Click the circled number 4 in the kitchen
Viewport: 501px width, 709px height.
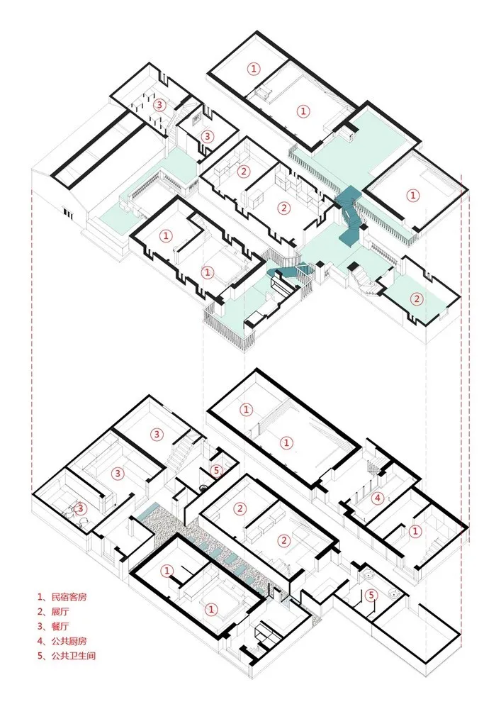(x=378, y=497)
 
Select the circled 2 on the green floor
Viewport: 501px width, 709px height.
(x=417, y=298)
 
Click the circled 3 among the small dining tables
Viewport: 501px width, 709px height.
(x=160, y=104)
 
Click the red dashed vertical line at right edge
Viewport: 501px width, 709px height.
(x=462, y=354)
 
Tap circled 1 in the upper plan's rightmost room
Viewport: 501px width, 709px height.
(x=412, y=194)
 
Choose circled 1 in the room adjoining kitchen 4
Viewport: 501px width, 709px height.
(x=415, y=530)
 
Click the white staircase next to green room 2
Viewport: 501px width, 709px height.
(x=364, y=277)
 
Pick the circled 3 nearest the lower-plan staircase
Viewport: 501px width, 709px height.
(x=157, y=434)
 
